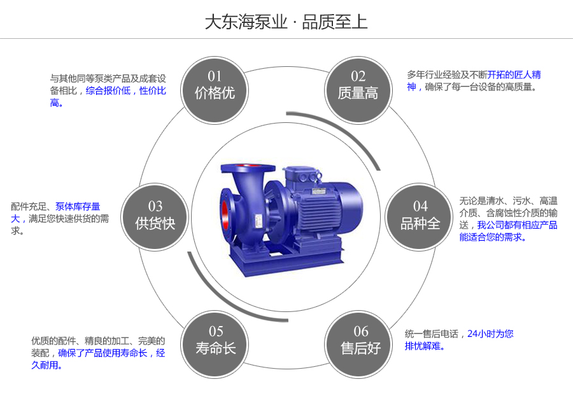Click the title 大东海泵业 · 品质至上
(286, 22)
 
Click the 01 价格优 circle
(215, 85)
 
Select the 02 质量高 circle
(358, 85)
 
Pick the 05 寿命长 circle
(216, 340)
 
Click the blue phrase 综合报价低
(108, 91)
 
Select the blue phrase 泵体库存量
(78, 206)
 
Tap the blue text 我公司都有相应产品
(517, 225)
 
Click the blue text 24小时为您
(490, 334)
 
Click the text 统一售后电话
(432, 334)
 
